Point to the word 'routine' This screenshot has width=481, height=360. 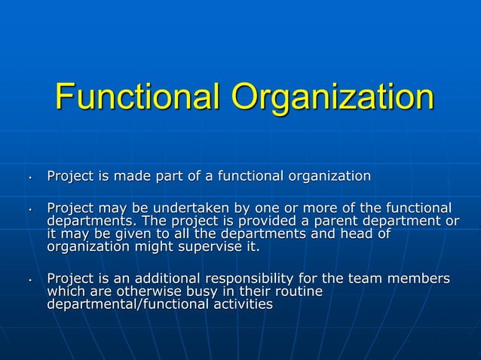pos(297,292)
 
